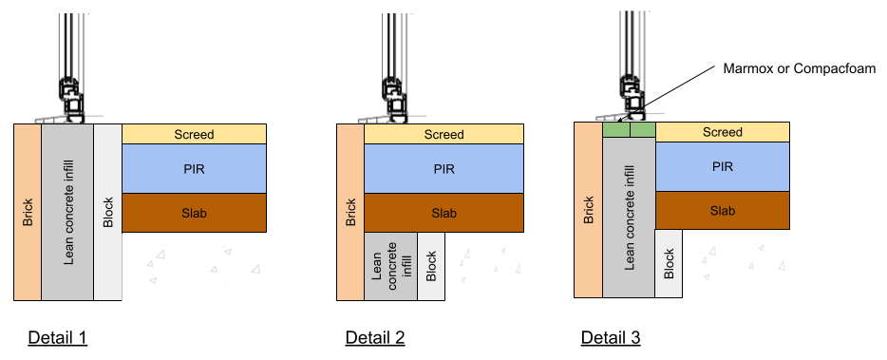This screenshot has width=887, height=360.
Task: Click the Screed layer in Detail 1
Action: point(194,134)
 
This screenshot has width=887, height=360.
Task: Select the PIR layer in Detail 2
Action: point(443,169)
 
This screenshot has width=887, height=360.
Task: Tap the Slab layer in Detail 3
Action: point(723,211)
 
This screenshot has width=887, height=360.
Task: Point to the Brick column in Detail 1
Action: point(28,212)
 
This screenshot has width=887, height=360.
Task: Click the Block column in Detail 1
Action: point(108,212)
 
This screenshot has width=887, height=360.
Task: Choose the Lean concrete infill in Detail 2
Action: point(391,266)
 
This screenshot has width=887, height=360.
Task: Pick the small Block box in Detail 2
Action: point(431,266)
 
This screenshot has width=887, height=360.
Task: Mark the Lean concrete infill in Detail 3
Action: point(629,218)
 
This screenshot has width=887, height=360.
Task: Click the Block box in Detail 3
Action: point(669,264)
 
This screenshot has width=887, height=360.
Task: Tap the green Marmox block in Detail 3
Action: point(629,129)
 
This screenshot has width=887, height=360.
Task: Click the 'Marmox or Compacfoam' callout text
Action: point(800,69)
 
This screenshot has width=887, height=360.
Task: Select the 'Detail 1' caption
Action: point(58,338)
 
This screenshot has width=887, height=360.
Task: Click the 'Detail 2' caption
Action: point(375,338)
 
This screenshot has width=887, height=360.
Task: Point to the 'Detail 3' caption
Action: point(611,338)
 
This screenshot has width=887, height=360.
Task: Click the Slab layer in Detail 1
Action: point(194,213)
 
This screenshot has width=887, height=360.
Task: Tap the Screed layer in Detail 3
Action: point(723,132)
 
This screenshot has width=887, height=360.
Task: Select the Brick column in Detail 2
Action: point(350,212)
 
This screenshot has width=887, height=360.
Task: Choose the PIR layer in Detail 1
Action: point(194,169)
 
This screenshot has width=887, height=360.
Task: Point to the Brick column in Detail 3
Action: point(588,210)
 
